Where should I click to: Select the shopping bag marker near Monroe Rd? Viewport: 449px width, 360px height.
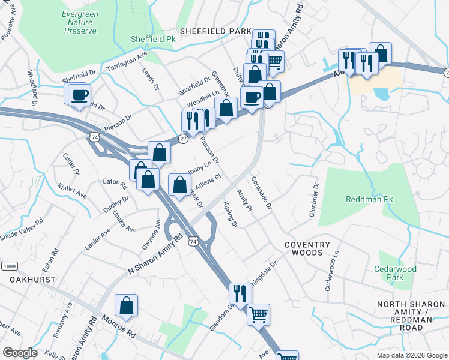(127, 306)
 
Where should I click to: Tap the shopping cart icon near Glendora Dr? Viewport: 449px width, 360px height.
(258, 314)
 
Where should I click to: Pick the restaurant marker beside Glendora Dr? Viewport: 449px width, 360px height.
(240, 294)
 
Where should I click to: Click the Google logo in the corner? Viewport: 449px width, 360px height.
(20, 353)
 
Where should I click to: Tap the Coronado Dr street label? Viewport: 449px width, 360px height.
(262, 193)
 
